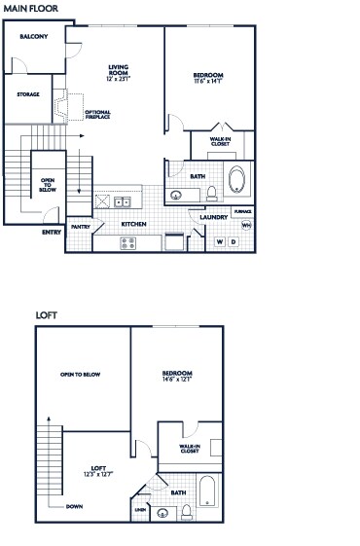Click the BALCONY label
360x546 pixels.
tap(34, 36)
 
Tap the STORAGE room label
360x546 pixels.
tap(28, 94)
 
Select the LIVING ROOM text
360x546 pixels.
tap(119, 69)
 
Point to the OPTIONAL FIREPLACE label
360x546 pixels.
tap(97, 115)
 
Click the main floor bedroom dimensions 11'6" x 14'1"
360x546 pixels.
tap(208, 82)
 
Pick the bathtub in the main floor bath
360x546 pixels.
tap(237, 181)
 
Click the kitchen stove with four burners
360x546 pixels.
tap(128, 242)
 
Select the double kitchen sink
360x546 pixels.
tap(122, 202)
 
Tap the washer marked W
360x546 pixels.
tap(219, 241)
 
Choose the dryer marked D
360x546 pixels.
tap(233, 241)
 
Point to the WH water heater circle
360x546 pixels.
tap(245, 225)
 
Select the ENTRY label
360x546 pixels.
tap(52, 232)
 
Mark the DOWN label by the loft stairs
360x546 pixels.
tap(75, 506)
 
